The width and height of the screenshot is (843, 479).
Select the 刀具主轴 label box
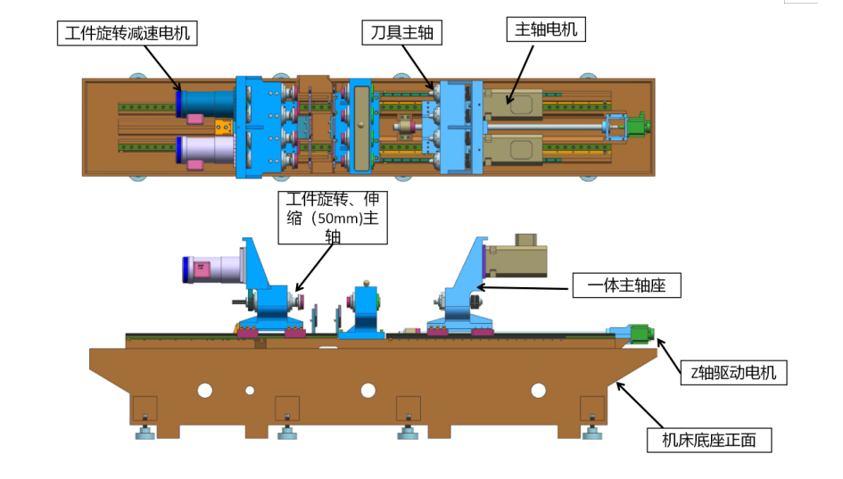tap(401, 33)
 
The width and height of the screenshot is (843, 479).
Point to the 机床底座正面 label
tap(708, 440)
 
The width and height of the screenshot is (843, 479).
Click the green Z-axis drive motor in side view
tap(640, 334)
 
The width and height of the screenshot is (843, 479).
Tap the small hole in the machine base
tap(250, 390)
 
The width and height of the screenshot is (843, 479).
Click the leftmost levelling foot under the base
tap(144, 434)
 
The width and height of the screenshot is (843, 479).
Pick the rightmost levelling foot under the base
tap(591, 434)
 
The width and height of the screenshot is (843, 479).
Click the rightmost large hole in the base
tap(538, 390)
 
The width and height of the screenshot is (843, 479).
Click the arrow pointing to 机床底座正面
tap(641, 406)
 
